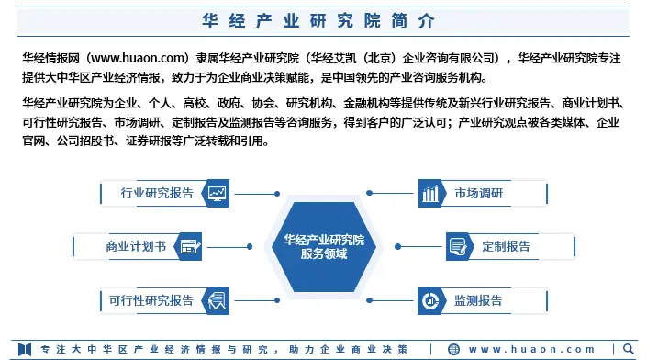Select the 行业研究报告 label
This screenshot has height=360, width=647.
[157, 193]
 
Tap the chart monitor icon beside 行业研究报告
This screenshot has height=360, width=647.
[218, 193]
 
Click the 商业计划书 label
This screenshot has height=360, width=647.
[136, 246]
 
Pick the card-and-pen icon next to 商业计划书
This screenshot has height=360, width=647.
[190, 246]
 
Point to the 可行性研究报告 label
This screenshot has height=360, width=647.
[151, 299]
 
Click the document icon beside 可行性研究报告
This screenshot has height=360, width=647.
[218, 299]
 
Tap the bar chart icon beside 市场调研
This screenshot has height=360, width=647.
[430, 193]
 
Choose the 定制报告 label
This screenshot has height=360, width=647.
[506, 246]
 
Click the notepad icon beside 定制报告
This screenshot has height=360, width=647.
[458, 246]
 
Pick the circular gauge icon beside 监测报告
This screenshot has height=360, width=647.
[430, 299]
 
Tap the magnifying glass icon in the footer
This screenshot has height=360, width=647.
[630, 349]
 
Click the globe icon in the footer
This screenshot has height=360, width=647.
[455, 349]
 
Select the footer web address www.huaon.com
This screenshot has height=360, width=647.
[532, 349]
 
